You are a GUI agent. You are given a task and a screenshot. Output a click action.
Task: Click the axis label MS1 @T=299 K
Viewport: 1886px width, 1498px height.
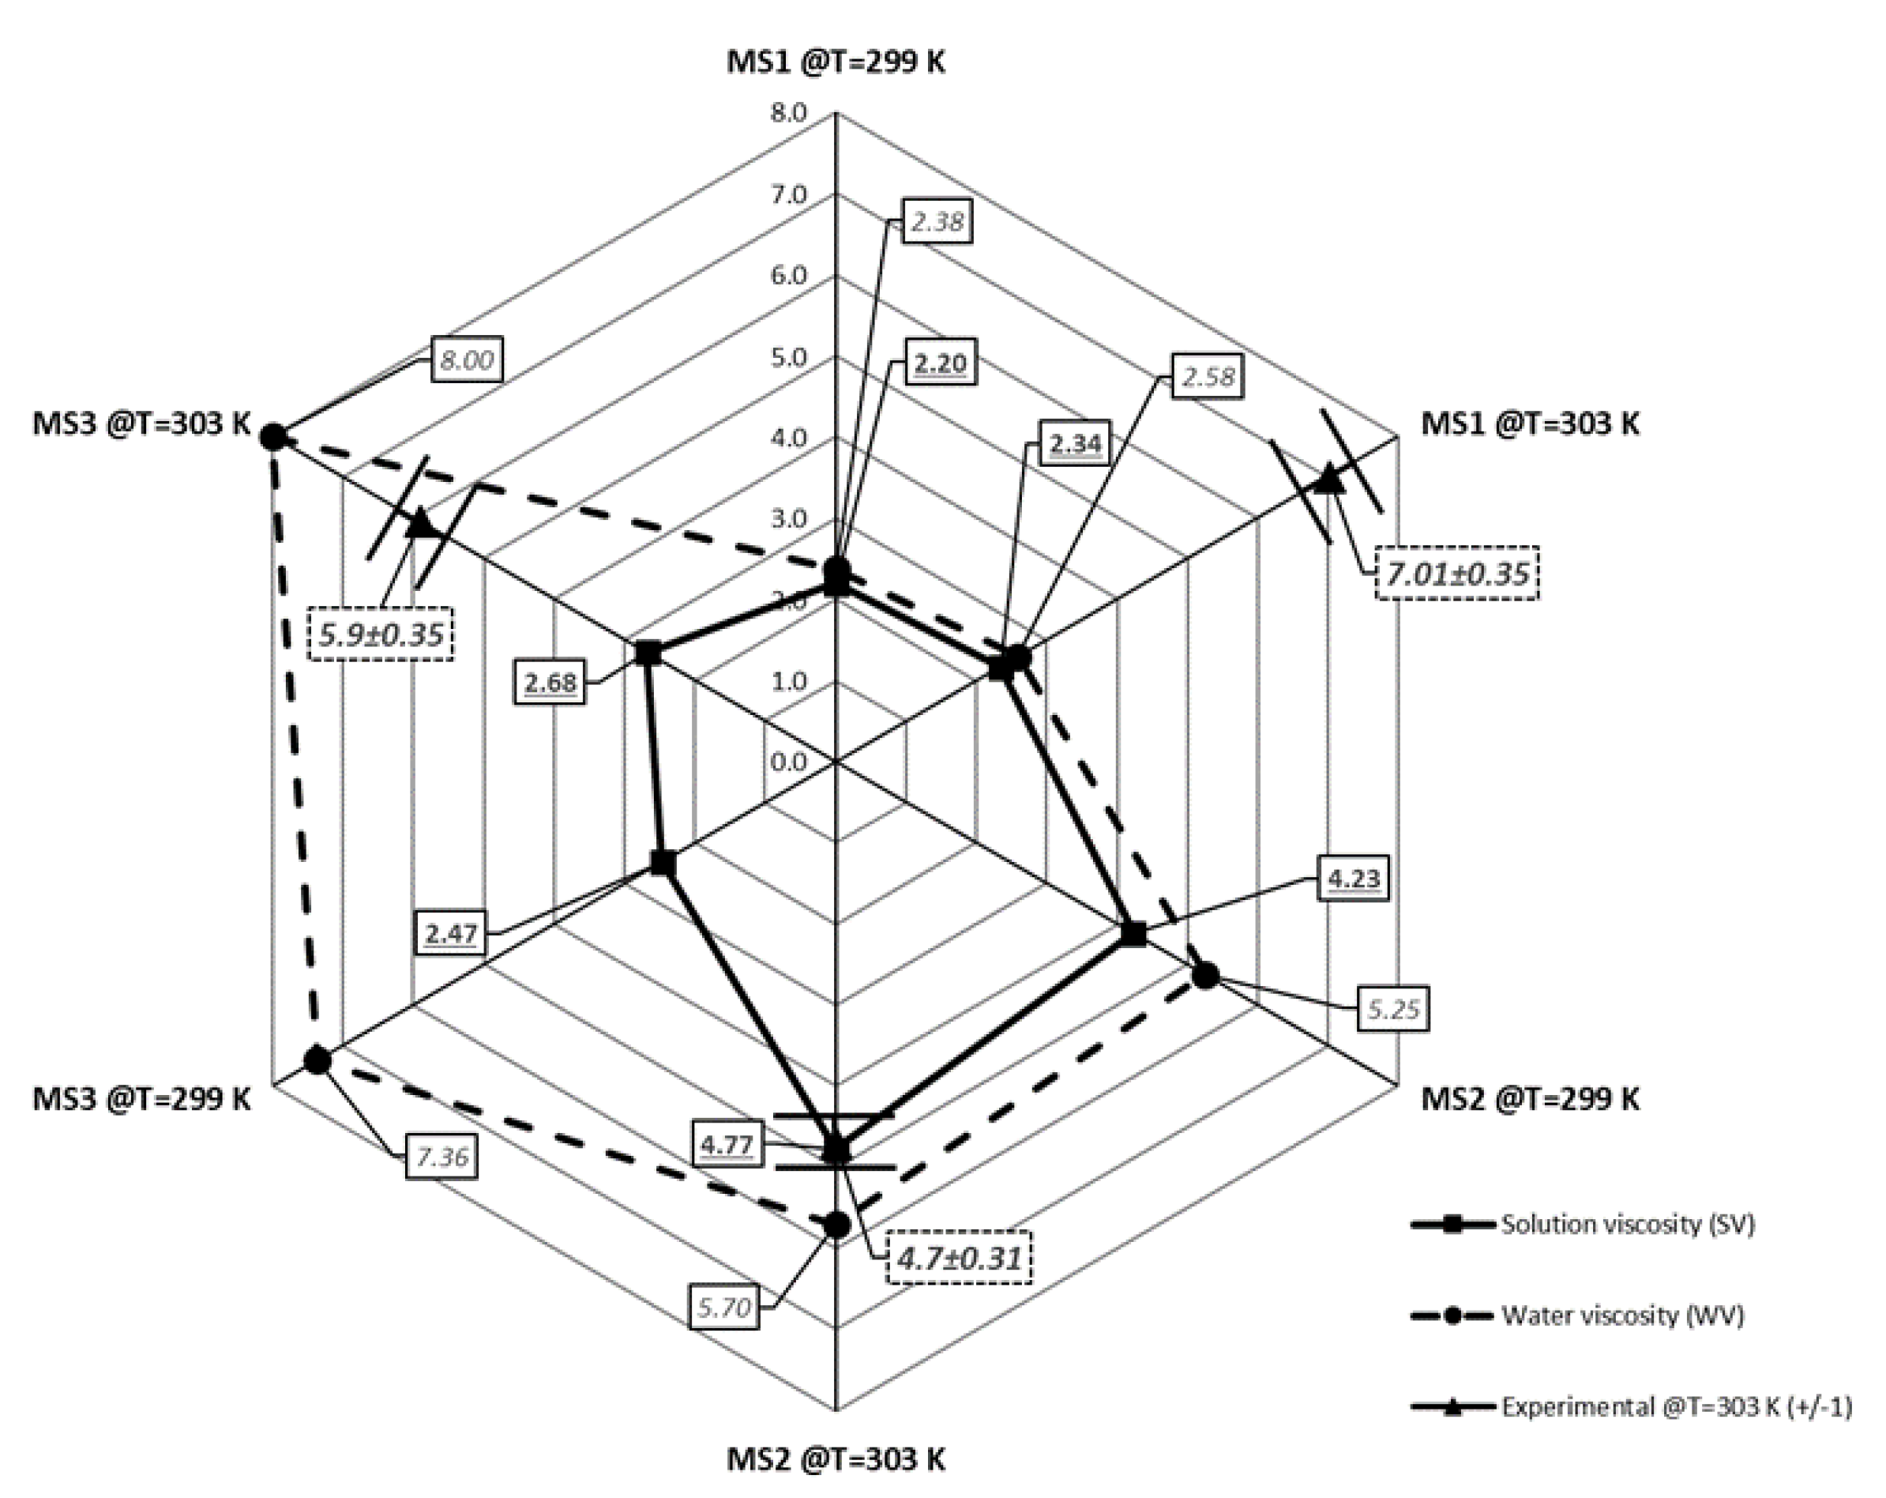[836, 63]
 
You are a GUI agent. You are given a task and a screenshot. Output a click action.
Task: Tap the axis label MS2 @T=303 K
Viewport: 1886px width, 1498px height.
[836, 1458]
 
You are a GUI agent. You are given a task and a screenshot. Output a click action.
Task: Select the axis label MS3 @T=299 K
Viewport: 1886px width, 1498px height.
[141, 1098]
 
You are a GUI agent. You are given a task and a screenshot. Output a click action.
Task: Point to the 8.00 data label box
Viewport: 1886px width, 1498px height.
[466, 359]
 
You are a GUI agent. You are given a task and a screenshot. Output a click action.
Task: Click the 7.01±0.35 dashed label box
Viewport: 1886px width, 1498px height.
[1456, 574]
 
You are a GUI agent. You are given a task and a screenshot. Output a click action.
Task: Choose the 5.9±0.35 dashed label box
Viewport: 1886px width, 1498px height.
[381, 634]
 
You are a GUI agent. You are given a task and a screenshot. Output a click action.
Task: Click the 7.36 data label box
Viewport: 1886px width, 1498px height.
[441, 1157]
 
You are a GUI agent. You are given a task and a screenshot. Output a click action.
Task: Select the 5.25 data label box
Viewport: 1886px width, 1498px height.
[1392, 1010]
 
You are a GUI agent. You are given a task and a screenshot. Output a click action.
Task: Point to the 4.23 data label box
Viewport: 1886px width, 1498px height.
[1353, 878]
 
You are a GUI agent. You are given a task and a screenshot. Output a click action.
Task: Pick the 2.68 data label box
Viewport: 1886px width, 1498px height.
[550, 681]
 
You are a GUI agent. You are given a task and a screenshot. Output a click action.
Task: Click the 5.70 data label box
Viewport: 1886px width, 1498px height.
[724, 1308]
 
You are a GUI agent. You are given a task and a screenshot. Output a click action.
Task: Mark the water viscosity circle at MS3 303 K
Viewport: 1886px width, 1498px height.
[274, 436]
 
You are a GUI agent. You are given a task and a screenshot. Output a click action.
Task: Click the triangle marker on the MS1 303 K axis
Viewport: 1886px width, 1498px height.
[1328, 479]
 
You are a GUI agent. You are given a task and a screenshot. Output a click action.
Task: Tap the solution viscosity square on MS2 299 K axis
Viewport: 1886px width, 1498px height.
[1133, 934]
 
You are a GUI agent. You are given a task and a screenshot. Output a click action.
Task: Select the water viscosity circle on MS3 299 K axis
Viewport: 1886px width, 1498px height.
[317, 1060]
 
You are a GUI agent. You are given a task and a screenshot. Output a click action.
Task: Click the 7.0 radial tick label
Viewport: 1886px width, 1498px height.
[788, 194]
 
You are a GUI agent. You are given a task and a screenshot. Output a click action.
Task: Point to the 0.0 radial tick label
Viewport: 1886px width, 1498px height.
[788, 762]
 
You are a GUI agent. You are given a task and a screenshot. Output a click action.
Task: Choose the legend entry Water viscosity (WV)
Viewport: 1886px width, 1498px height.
[1622, 1315]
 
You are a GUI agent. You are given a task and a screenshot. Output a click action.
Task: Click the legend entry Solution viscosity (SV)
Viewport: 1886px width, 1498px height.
[1627, 1223]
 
